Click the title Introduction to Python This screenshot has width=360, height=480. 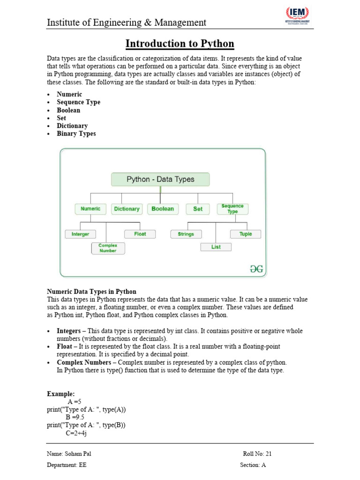[x=180, y=44]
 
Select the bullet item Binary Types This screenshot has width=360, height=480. [x=76, y=134]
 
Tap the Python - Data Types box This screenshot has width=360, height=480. [x=160, y=179]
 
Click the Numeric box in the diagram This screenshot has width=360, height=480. [x=90, y=209]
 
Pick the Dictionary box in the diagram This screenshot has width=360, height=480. [x=127, y=209]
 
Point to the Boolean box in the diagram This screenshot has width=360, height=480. [x=163, y=209]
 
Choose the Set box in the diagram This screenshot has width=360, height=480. [x=198, y=209]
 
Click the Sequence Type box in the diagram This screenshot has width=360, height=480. [x=232, y=209]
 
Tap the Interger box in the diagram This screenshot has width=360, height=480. [x=80, y=234]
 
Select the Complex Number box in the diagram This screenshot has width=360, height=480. [x=108, y=248]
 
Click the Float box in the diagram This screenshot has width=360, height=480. [x=140, y=234]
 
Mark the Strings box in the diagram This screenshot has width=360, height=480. [x=186, y=234]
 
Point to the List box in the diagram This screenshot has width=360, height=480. [x=216, y=247]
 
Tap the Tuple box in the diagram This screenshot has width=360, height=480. [x=246, y=234]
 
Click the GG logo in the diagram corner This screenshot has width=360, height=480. [x=256, y=269]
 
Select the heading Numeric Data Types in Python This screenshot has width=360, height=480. [x=91, y=292]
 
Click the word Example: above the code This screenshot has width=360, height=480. [x=60, y=394]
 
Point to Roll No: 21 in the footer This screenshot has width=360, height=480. [x=257, y=454]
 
